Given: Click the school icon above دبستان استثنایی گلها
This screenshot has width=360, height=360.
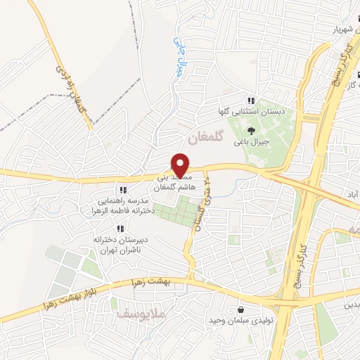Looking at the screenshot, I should tap(251, 101).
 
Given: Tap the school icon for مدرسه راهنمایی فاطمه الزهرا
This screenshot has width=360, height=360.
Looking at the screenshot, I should tap(123, 190).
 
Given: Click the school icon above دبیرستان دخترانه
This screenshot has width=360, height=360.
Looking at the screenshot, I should tap(120, 229).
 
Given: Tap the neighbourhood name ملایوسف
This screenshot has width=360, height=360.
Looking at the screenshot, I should tap(131, 313).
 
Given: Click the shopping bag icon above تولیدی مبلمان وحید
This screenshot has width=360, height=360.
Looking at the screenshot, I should tap(241, 309).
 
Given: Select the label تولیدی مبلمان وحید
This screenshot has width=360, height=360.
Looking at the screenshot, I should tap(240, 321).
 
